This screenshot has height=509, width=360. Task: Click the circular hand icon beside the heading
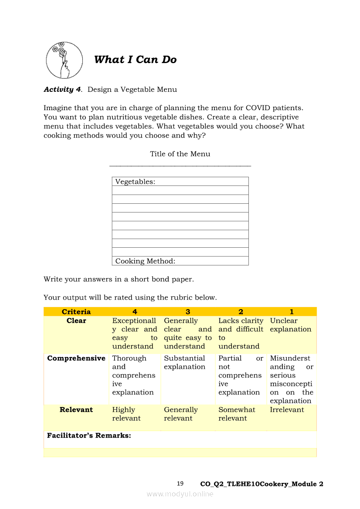coord(64,60)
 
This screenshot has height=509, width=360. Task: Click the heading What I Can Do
coord(135,60)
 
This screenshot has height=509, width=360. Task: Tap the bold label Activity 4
coord(62,90)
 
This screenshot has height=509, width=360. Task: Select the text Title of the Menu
coord(180,154)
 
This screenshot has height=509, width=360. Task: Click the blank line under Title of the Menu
coord(180,165)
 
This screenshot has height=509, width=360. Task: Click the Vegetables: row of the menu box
coord(180,182)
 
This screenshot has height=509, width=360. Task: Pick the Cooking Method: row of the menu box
coord(180,261)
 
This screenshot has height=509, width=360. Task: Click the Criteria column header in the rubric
coord(76,312)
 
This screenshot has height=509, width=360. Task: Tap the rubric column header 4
coord(135,312)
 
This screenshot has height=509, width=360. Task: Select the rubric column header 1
coord(292,312)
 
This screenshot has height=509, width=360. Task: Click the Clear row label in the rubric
coord(76,321)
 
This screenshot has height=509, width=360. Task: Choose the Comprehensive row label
coord(76,358)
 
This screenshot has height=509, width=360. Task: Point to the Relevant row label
coord(76,410)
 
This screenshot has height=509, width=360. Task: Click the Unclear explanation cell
coord(291,325)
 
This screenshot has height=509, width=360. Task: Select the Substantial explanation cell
coord(184,363)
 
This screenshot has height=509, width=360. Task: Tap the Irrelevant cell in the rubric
coord(287,410)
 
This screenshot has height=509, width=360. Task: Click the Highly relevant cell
coord(126,414)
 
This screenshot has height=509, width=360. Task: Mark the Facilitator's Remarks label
coord(89,435)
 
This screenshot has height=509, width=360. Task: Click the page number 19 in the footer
coord(180,483)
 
